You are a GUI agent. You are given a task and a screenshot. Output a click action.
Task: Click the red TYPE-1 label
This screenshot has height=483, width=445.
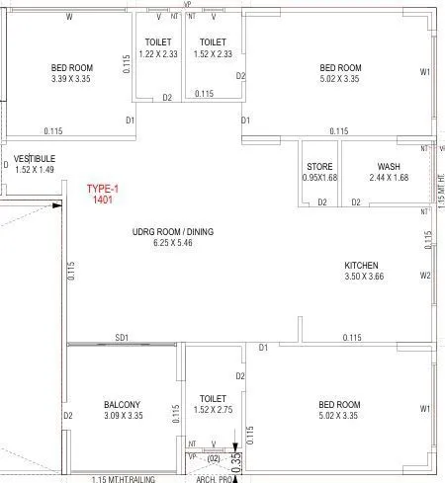coord(102,188)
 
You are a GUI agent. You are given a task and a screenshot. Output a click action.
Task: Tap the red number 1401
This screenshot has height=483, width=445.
coord(102,200)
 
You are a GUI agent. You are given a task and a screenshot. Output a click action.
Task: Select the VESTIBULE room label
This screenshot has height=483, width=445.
coord(35,158)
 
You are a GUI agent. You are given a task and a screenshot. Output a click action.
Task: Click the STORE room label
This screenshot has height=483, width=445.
coord(318,166)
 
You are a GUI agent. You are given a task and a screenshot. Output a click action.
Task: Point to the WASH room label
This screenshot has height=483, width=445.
coord(389,166)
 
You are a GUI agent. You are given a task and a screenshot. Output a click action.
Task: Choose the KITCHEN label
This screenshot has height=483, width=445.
coord(361,266)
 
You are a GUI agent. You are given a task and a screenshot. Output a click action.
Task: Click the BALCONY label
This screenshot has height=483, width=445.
coord(123,404)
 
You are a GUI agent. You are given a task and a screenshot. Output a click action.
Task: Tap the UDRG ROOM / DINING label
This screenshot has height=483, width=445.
coord(173,232)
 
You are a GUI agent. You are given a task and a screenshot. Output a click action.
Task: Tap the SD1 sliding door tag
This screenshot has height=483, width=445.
coord(123,337)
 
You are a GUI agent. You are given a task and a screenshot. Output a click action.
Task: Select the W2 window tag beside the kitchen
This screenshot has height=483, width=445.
coord(425,276)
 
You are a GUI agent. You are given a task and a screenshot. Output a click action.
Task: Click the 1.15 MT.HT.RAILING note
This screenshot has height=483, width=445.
coord(126,479)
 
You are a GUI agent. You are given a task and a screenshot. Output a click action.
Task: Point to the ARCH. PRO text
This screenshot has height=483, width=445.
coord(214,479)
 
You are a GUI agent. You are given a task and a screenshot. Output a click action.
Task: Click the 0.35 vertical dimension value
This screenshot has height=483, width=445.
coord(236,459)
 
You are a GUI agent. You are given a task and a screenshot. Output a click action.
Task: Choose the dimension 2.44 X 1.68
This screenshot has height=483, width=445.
coord(389,178)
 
